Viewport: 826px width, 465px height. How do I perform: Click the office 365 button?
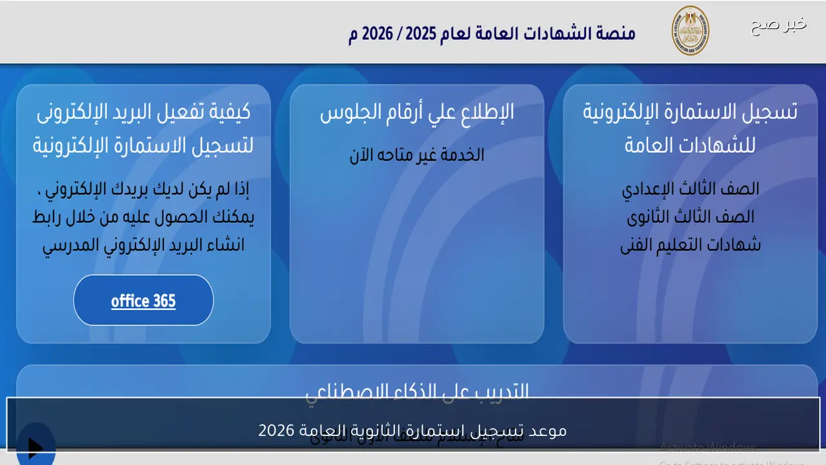pos(143,301)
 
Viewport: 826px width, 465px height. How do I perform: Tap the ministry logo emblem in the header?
pos(690,30)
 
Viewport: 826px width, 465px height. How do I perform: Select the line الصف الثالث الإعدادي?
pos(690,189)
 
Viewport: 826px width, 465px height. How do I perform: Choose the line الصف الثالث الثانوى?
pos(690,217)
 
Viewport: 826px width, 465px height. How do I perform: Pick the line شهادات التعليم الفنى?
pos(690,245)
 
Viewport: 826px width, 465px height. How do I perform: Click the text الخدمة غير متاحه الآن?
pos(417,155)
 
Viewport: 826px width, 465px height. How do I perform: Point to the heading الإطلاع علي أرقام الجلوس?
pos(417,112)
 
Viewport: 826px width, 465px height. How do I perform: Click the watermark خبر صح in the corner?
pos(778,25)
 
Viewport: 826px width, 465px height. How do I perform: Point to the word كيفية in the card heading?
pos(228,112)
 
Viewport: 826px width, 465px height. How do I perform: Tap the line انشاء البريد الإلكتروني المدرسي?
pos(143,245)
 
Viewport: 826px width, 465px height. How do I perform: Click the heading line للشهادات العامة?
pos(690,146)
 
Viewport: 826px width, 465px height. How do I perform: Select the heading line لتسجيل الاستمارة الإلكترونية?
pos(143,146)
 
